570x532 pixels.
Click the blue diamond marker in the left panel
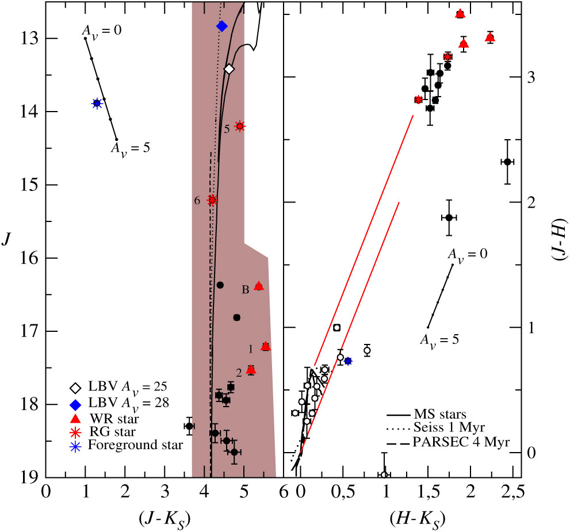point(222,26)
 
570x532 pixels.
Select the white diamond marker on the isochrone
point(229,69)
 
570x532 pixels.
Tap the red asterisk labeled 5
point(240,127)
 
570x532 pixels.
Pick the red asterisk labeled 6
point(212,200)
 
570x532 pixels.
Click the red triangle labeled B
point(259,286)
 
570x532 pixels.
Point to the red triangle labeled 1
point(265,346)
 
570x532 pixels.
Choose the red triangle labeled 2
point(251,370)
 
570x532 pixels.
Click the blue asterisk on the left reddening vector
point(97,103)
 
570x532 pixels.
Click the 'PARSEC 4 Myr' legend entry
point(454,442)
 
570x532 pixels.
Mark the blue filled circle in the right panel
point(348,361)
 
